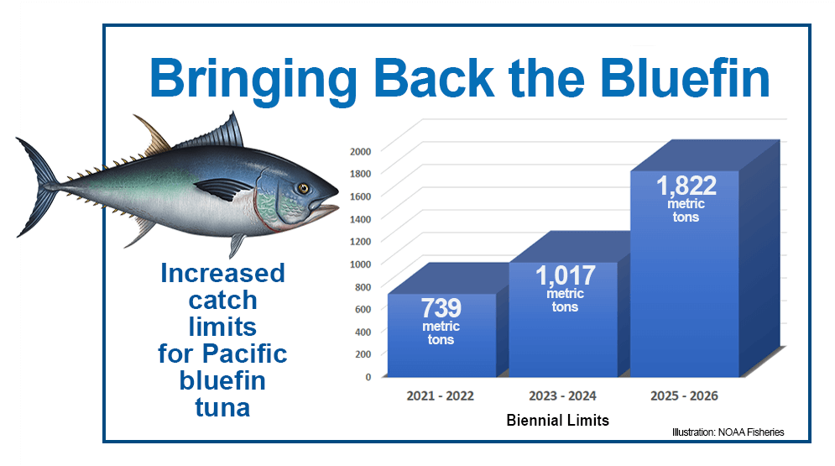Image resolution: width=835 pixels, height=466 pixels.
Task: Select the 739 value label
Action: pyautogui.click(x=441, y=308)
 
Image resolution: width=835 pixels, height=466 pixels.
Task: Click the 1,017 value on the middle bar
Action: pyautogui.click(x=565, y=275)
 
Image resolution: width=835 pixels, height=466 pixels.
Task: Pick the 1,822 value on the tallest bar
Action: pyautogui.click(x=686, y=186)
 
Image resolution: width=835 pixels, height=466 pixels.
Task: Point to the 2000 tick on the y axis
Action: pyautogui.click(x=360, y=151)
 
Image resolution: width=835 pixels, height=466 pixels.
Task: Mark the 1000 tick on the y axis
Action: pyautogui.click(x=360, y=264)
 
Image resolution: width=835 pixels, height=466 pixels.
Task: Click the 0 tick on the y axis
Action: pyautogui.click(x=368, y=377)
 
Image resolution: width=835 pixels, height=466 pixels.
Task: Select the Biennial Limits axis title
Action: pyautogui.click(x=558, y=420)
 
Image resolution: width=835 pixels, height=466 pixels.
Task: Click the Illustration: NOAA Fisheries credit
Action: pyautogui.click(x=728, y=432)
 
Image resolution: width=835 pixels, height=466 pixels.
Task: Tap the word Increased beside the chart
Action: pyautogui.click(x=222, y=274)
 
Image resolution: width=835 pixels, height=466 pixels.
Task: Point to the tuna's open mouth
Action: pyautogui.click(x=330, y=210)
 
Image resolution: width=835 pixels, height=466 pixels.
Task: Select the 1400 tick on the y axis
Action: pyautogui.click(x=360, y=218)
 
